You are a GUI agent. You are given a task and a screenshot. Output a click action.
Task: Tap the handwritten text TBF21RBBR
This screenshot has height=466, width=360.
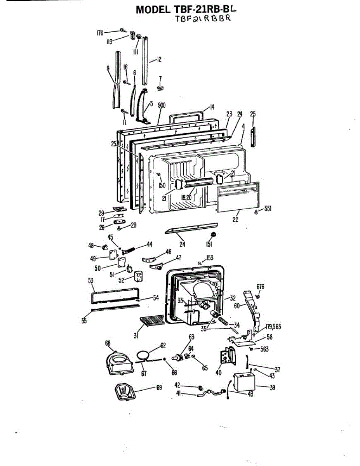pos(203,19)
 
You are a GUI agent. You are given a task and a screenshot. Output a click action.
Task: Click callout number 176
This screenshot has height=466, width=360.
pos(100,33)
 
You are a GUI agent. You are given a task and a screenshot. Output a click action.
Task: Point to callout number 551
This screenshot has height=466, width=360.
pos(267,209)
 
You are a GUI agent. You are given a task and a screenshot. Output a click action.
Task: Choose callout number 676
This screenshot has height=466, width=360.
pos(260,287)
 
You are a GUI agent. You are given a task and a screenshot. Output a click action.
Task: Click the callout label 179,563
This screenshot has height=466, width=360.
pos(273,327)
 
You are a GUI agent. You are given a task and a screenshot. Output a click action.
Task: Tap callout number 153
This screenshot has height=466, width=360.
pos(210,257)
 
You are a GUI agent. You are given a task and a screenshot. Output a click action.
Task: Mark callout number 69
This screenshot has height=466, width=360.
pos(159,387)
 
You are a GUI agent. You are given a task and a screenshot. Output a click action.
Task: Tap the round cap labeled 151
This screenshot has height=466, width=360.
pos(212,234)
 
